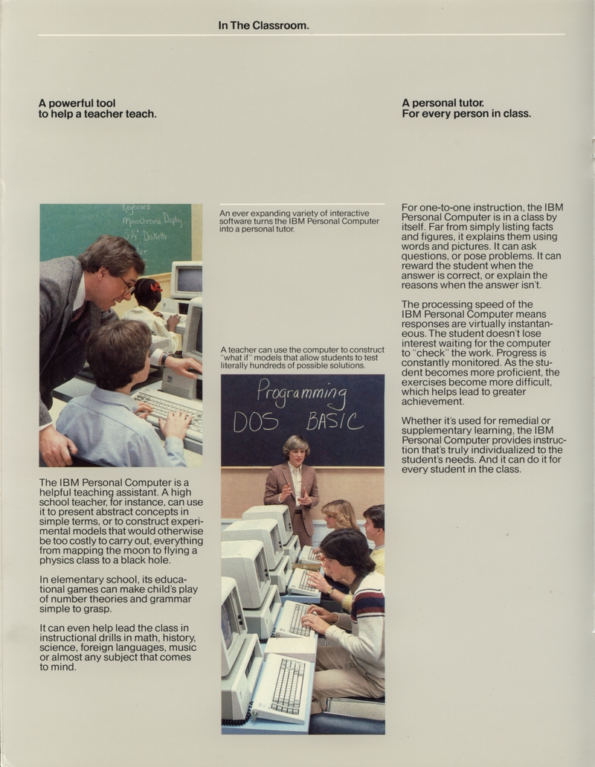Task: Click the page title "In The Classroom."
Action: click(263, 25)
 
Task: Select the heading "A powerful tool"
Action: click(77, 103)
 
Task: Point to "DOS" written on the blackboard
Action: click(256, 423)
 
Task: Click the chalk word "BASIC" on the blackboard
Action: click(335, 422)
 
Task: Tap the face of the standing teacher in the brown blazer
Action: click(296, 451)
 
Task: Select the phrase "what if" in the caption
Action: click(238, 357)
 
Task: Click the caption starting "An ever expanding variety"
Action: click(299, 221)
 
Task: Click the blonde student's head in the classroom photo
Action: click(338, 513)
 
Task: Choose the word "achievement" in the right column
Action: click(433, 402)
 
